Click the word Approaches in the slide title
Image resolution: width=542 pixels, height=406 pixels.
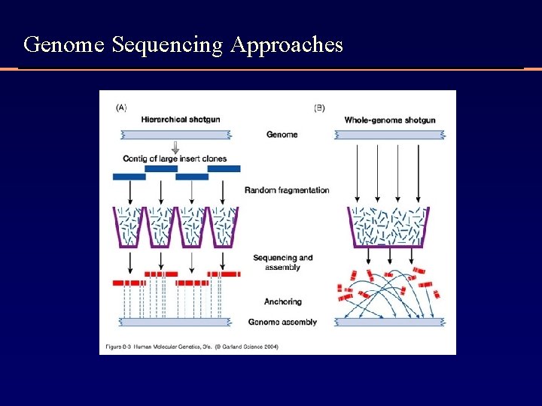[x=287, y=46]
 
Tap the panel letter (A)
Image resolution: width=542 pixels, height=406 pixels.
[x=121, y=108]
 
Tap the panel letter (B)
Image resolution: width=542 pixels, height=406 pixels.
[x=319, y=108]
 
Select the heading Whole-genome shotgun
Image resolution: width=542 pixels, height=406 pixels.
[x=389, y=120]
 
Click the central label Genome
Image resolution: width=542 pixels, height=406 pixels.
[x=282, y=135]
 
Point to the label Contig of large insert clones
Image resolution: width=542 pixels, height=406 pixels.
[x=175, y=159]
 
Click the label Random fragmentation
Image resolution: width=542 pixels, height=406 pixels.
[x=287, y=190]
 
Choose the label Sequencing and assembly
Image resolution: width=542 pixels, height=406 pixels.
[x=282, y=262]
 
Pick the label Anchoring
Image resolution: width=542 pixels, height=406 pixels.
[x=282, y=301]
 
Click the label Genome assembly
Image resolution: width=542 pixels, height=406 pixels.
[x=282, y=322]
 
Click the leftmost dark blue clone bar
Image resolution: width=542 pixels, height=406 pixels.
[x=129, y=177]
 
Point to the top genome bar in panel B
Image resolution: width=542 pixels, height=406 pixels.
[x=389, y=135]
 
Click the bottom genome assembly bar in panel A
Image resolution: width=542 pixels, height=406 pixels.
[x=175, y=322]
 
